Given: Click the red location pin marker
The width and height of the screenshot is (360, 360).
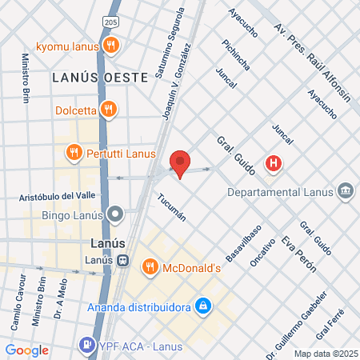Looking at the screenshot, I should point(180,162).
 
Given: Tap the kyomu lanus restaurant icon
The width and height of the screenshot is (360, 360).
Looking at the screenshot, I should point(112,46).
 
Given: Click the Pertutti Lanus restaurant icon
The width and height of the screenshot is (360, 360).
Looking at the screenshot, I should point(74,151).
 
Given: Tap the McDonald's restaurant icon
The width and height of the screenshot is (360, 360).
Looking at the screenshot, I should point(149,266).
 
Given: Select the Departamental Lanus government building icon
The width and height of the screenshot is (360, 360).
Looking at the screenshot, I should point(346,191).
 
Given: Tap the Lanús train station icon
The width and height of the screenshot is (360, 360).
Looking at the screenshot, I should point(122,260).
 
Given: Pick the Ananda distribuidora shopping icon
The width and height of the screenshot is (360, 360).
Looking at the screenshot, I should point(204,306).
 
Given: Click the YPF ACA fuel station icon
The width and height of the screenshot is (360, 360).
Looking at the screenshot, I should point(86,346).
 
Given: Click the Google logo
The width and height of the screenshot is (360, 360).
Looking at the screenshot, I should point(26,350).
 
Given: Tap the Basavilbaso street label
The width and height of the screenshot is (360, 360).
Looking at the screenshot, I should point(244,238).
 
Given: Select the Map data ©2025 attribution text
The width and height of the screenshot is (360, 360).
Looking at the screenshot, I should point(324,353).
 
